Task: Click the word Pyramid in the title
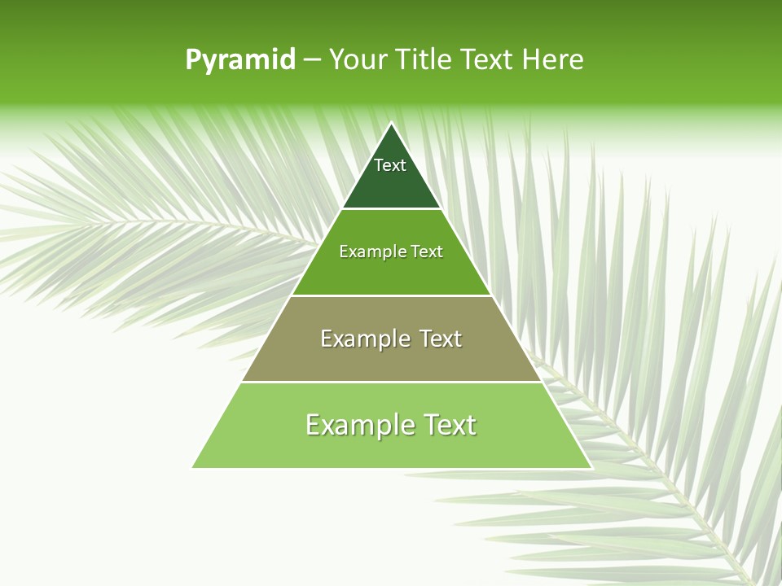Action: pos(240,60)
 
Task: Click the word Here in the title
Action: pos(553,60)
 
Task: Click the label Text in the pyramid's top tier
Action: pos(390,165)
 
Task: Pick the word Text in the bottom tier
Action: pos(447,425)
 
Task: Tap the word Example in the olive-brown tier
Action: pos(363,339)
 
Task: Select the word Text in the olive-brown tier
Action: pos(441,339)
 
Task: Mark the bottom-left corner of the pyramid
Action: pos(193,467)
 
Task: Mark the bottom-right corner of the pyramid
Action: pos(591,467)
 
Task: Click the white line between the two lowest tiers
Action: pos(391,382)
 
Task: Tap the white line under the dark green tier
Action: pos(391,209)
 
